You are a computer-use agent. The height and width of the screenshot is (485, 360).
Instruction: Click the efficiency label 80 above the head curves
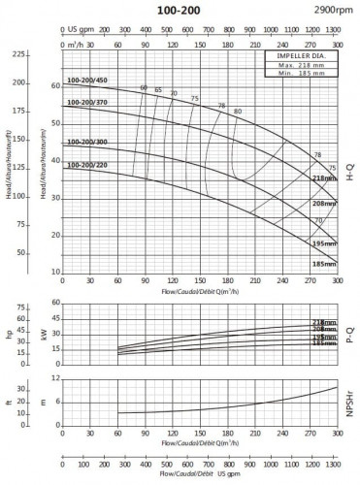(x=238, y=113)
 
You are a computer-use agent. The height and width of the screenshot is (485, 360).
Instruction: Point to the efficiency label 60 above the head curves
(x=144, y=88)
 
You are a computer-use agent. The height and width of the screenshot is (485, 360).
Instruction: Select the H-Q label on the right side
(x=350, y=175)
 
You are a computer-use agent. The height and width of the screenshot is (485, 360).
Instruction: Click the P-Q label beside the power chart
(x=350, y=335)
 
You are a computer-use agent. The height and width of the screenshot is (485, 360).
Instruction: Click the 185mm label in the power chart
(x=318, y=343)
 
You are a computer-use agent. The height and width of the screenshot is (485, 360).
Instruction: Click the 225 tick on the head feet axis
(x=18, y=54)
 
